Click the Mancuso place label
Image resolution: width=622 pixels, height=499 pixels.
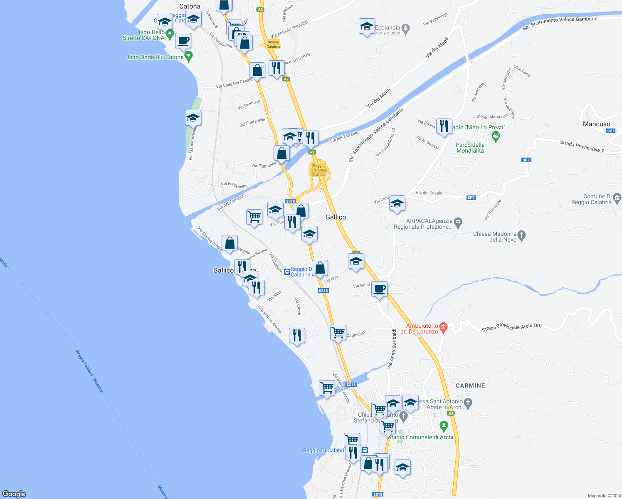pos(596,124)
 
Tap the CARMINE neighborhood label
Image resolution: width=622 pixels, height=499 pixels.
pos(470,385)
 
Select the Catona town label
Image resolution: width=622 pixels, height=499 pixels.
pos(190,6)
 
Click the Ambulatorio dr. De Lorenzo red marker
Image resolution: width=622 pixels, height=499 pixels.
pos(443,327)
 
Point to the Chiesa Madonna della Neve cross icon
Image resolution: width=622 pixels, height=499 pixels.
pos(522,235)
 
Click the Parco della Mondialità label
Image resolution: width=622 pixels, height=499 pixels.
pos(470,148)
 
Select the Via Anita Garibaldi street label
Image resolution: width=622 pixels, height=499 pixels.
pos(392,348)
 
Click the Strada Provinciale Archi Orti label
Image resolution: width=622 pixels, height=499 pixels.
pos(511,327)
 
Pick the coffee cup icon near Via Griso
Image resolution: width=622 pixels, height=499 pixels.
pos(379,288)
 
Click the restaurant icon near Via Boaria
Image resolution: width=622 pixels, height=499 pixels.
pos(444,126)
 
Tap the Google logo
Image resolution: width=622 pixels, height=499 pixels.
pos(14,494)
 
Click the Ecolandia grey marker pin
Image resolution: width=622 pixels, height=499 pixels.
pos(406,29)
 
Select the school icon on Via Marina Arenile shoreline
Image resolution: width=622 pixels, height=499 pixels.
pos(193,118)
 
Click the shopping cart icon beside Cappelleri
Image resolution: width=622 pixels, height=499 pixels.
pos(338,333)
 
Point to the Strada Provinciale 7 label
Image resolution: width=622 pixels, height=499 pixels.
pos(582,146)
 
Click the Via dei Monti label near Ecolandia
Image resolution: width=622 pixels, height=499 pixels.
pos(437,47)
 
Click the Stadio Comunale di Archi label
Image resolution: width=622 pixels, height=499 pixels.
pos(420,437)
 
